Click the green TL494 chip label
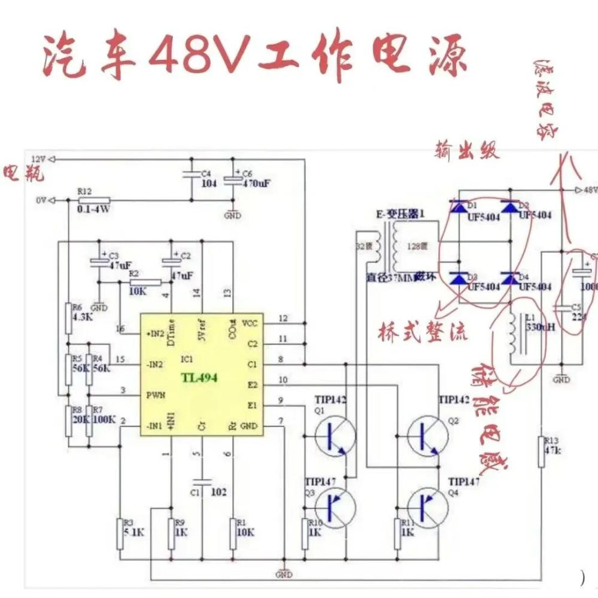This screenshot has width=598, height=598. pos(200,378)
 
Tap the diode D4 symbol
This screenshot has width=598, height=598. pos(509,278)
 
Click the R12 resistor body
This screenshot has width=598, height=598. pos(95,200)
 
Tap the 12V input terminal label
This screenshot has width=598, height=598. pos(38,159)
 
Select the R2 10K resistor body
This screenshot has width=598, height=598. pos(145,283)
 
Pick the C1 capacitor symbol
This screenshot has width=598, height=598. pos(203,481)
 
